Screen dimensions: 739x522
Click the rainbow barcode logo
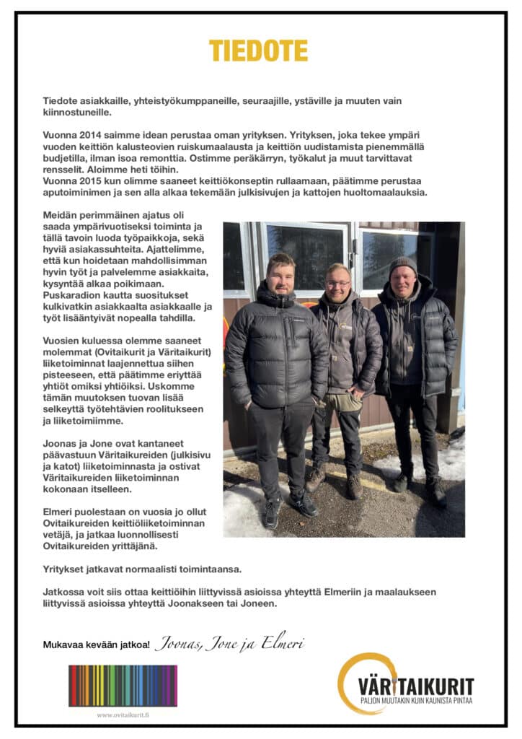pos(123,686)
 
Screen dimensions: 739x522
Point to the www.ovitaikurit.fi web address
pos(123,714)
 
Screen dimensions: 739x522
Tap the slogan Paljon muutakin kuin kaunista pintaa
pos(417,701)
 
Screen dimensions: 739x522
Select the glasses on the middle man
pos(337,284)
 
